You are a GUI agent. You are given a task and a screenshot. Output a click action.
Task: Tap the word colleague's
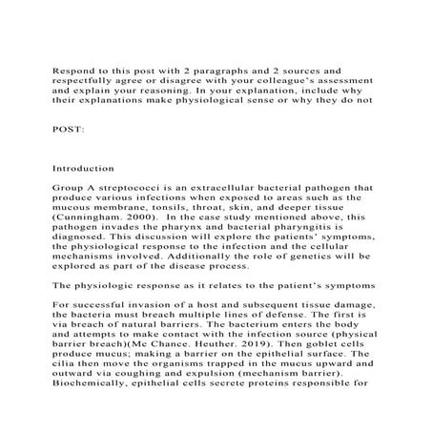[289, 83]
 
